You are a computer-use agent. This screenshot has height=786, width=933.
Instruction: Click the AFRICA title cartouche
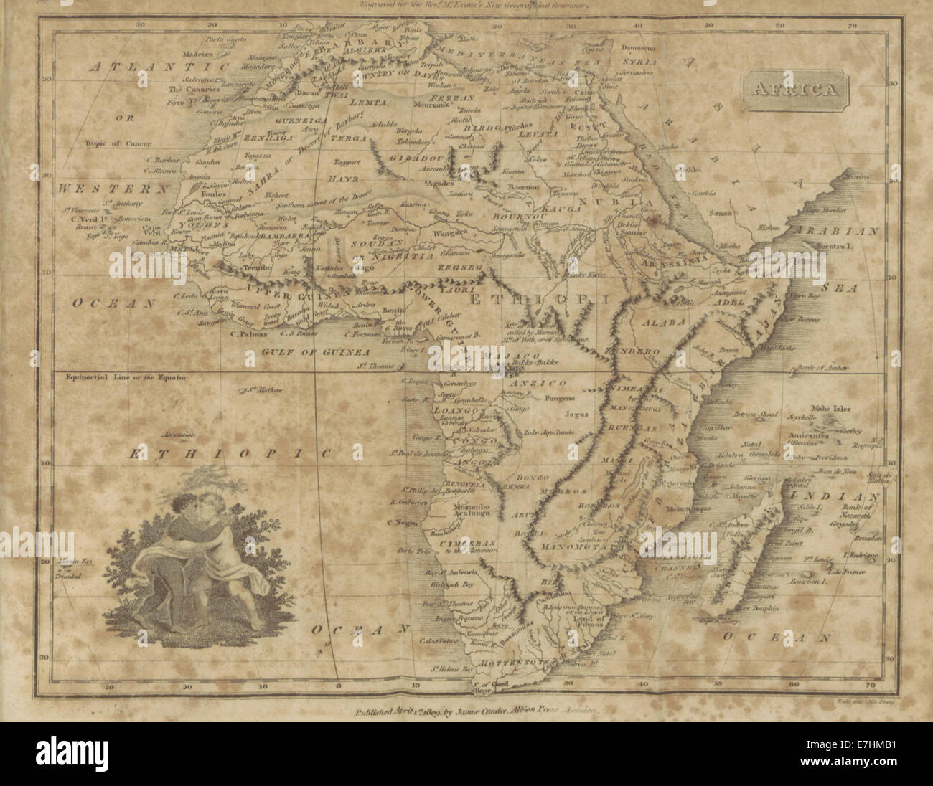pyautogui.click(x=794, y=90)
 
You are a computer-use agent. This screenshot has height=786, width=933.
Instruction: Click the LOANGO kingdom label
pyautogui.click(x=456, y=410)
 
